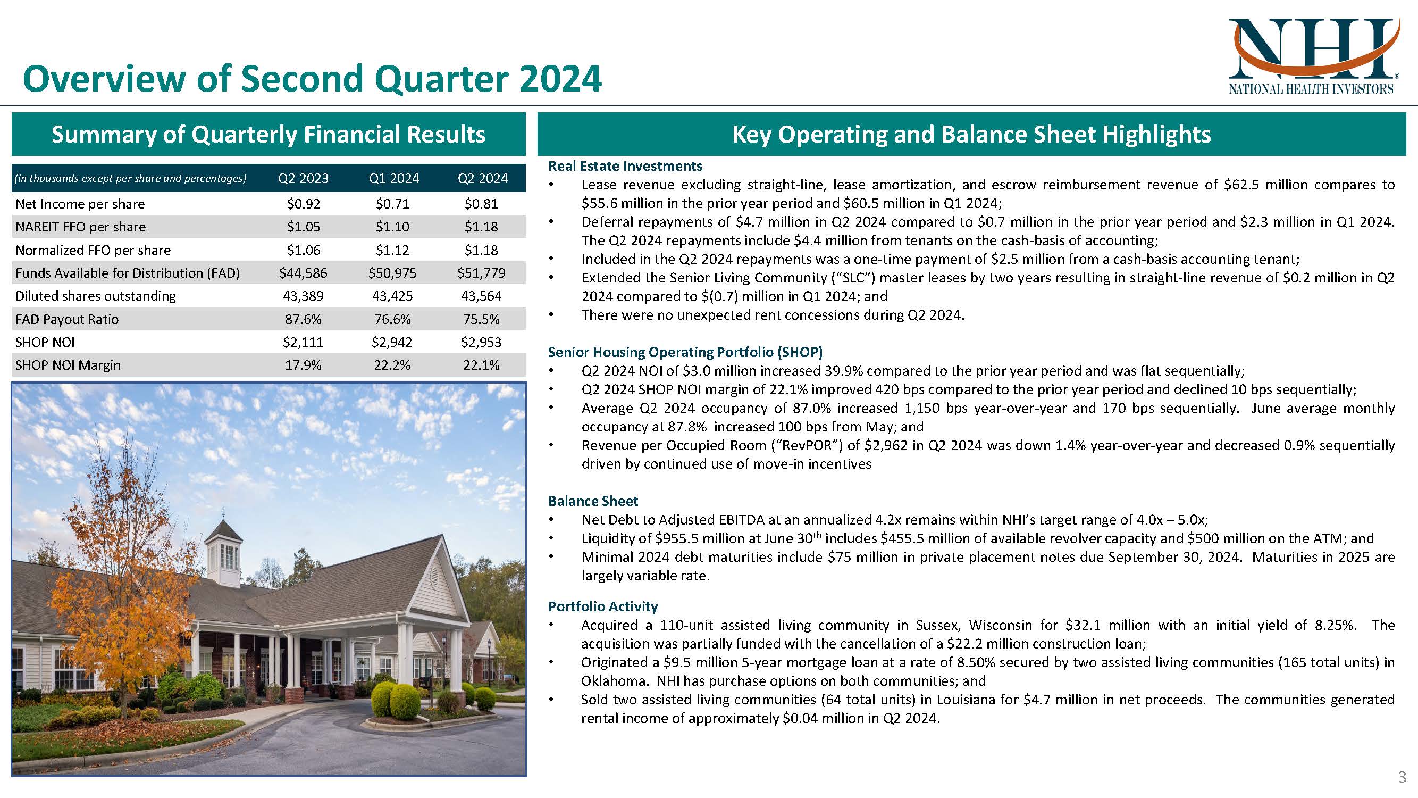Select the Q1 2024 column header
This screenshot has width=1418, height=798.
(393, 178)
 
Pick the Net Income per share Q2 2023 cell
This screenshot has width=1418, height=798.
(303, 204)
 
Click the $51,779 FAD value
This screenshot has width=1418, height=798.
(481, 273)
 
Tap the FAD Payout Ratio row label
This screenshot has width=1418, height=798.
(67, 319)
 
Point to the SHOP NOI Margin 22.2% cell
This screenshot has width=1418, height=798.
(392, 365)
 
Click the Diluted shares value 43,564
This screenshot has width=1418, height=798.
(481, 296)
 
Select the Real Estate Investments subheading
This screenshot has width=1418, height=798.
(625, 166)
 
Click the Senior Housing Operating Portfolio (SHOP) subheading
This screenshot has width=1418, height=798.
(685, 352)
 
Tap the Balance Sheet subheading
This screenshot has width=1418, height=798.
(593, 501)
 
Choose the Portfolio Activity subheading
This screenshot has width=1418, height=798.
(603, 606)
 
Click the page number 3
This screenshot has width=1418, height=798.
(1403, 778)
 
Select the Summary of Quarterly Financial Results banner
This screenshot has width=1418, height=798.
(269, 135)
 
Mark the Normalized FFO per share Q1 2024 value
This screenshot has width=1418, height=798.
(392, 250)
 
